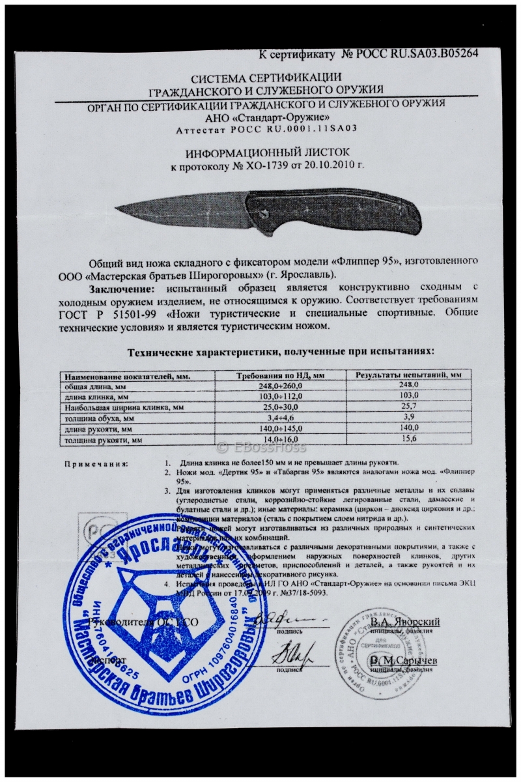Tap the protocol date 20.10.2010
pos(332,166)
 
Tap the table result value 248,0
pos(407,385)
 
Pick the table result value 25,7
pos(407,407)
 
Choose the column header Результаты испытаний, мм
pos(409,375)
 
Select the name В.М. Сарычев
pos(404,660)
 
